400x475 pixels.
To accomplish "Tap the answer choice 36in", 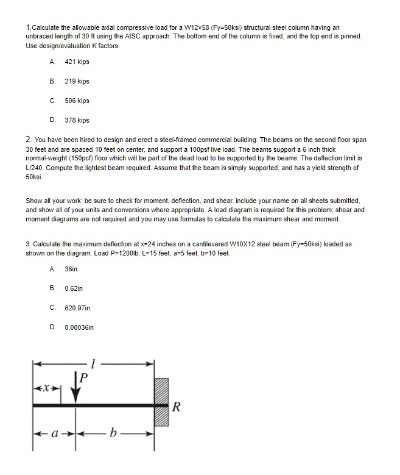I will tap(71, 268).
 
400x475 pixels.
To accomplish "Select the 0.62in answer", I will tap(74, 288).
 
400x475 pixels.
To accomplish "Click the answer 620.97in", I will tap(77, 307).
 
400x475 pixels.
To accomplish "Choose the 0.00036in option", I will tap(79, 327).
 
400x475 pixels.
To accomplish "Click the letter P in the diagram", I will tap(84, 378).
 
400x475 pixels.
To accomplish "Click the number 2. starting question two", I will tap(29, 140).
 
